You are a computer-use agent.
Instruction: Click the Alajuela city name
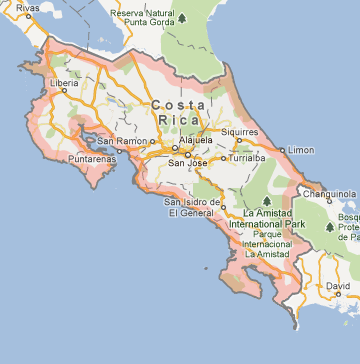coord(195,140)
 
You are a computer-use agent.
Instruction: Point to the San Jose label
coord(188,163)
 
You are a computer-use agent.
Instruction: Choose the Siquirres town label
coord(241,129)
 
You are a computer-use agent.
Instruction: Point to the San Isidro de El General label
coord(191,208)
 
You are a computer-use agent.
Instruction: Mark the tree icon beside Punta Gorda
coord(183,18)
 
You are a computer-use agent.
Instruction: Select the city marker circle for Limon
coord(283,149)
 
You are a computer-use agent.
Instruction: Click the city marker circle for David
coord(338,295)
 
